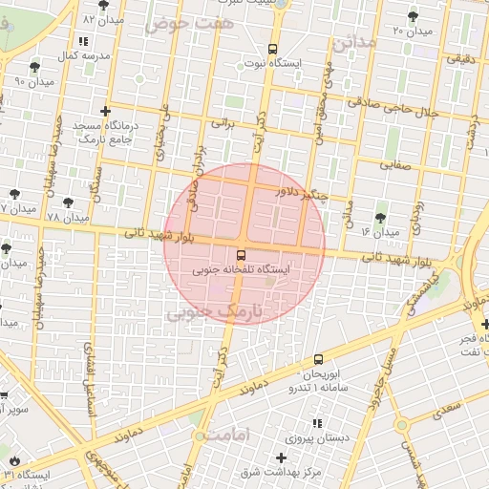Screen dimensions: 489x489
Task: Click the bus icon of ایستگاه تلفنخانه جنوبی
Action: coord(240,255)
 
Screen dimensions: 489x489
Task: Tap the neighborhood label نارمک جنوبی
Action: coord(218,311)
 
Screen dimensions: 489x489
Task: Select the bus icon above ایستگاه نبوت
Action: coord(273,48)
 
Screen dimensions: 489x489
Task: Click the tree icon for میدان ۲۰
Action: coord(412,16)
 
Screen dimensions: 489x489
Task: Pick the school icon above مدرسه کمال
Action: coord(83,42)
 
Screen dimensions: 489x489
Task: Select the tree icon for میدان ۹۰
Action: coord(35,67)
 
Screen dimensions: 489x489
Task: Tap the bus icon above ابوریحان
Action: coord(318,360)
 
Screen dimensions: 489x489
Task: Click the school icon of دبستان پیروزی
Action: coord(317,423)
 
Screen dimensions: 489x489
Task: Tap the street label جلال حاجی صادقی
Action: coord(423,112)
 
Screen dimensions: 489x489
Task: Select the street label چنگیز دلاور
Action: coord(301,194)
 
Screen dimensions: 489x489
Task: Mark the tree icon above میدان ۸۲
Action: coord(103,5)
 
